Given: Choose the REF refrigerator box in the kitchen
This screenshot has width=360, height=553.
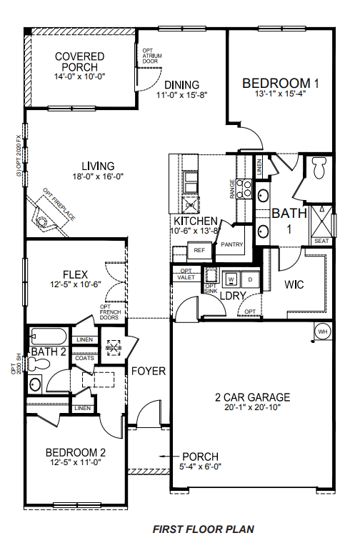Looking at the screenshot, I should tap(199, 251).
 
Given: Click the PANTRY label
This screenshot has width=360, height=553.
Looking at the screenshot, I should tap(233, 245).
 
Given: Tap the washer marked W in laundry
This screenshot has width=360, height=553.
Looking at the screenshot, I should tap(231, 279).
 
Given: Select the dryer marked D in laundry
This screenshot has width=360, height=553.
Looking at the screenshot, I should tap(251, 279).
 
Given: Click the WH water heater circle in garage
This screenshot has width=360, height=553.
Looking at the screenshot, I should tap(322, 332).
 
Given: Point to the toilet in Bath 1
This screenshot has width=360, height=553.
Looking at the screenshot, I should tap(319, 169).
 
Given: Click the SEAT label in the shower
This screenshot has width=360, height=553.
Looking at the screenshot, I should tap(321, 241).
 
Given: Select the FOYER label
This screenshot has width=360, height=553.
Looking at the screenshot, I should tap(148, 372).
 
